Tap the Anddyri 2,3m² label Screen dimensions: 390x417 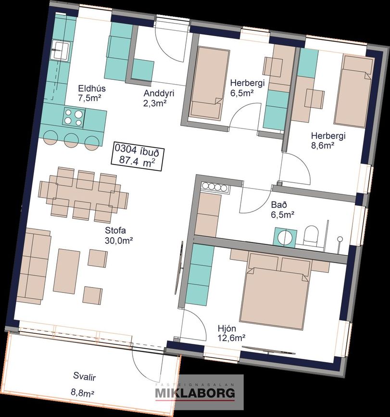click(159, 98)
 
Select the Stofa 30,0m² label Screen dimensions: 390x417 click(119, 235)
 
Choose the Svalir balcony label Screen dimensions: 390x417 click(85, 377)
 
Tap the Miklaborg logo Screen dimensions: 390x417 click(195, 393)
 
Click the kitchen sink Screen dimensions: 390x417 click(61, 50)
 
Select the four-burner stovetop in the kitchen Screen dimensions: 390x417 click(74, 117)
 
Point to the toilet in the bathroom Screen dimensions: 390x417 click(311, 236)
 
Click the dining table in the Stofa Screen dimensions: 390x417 click(84, 195)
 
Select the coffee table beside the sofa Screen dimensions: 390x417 click(66, 271)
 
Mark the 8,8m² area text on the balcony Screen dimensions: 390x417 click(83, 392)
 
